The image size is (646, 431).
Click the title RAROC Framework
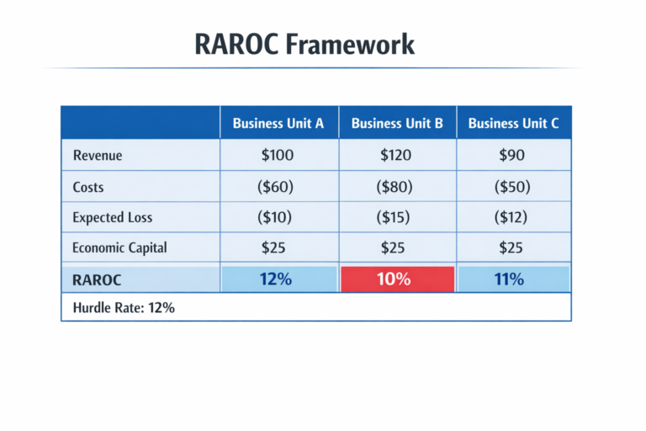pyautogui.click(x=304, y=44)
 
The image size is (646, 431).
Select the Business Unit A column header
pyautogui.click(x=278, y=123)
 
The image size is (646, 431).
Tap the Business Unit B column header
pyautogui.click(x=397, y=123)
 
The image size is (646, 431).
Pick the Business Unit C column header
pyautogui.click(x=513, y=123)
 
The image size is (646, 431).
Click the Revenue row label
pyautogui.click(x=98, y=155)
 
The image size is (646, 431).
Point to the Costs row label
pyautogui.click(x=89, y=186)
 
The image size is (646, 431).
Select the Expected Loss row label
pyautogui.click(x=113, y=217)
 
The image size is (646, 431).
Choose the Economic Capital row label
pyautogui.click(x=119, y=247)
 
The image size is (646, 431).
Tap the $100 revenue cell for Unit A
pyautogui.click(x=278, y=155)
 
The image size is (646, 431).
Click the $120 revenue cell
pyautogui.click(x=397, y=155)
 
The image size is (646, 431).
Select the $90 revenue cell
pyautogui.click(x=513, y=155)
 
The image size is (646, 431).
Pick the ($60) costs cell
pyautogui.click(x=278, y=186)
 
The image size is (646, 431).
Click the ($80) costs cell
pyautogui.click(x=397, y=186)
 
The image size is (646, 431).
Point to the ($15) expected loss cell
pyautogui.click(x=397, y=217)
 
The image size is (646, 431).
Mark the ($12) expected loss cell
pyautogui.click(x=513, y=217)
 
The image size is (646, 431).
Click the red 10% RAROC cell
pyautogui.click(x=397, y=279)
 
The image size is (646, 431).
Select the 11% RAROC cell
pyautogui.click(x=513, y=279)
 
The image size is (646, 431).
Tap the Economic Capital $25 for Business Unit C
pyautogui.click(x=513, y=247)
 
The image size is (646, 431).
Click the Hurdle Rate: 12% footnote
pyautogui.click(x=124, y=308)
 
